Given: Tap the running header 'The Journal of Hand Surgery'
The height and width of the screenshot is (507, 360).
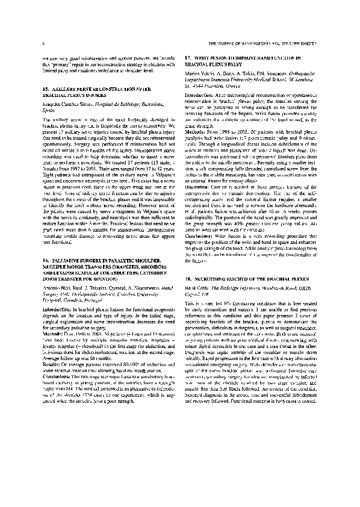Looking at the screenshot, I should coord(241,45).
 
